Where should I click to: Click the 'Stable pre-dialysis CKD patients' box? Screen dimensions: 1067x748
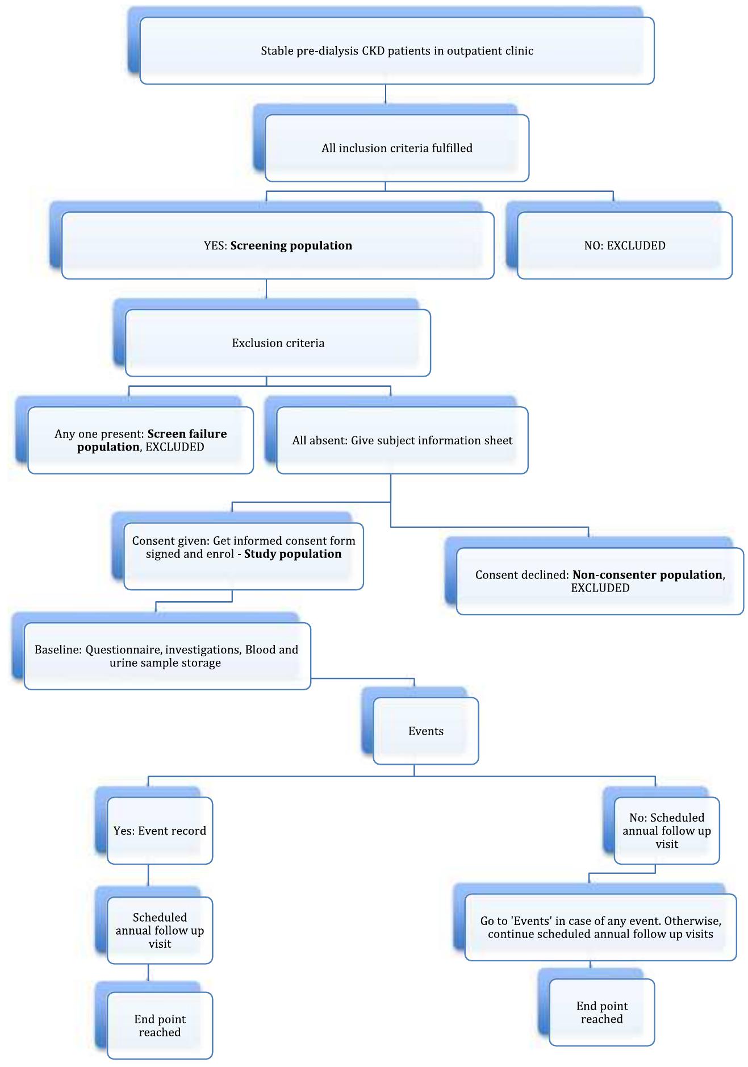pyautogui.click(x=396, y=51)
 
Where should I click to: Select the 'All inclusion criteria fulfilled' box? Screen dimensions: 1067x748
pyautogui.click(x=396, y=148)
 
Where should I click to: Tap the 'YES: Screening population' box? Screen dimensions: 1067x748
pyautogui.click(x=278, y=245)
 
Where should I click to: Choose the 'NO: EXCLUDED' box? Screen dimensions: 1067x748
pyautogui.click(x=625, y=245)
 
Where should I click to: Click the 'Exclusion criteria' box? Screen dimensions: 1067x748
pyautogui.click(x=278, y=343)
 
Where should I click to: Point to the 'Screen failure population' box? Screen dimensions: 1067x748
pyautogui.click(x=140, y=440)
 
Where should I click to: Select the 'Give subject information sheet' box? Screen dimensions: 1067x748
pyautogui.click(x=402, y=440)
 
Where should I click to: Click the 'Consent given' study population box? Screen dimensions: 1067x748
pyautogui.click(x=244, y=556)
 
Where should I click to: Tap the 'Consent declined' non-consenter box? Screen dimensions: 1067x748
pyautogui.click(x=600, y=581)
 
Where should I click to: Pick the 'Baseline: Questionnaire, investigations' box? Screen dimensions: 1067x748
pyautogui.click(x=167, y=656)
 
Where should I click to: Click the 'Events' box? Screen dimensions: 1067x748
pyautogui.click(x=426, y=731)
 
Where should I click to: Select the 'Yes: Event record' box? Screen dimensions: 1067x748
pyautogui.click(x=160, y=831)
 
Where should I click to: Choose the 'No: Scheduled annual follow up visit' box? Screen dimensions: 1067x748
pyautogui.click(x=667, y=831)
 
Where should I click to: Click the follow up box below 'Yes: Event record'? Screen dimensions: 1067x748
pyautogui.click(x=160, y=930)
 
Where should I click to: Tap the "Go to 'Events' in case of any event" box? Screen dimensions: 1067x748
pyautogui.click(x=600, y=927)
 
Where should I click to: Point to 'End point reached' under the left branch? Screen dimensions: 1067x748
pyautogui.click(x=160, y=1026)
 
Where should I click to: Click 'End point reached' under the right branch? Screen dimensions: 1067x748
pyautogui.click(x=602, y=1012)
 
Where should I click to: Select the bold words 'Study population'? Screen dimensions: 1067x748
pyautogui.click(x=292, y=554)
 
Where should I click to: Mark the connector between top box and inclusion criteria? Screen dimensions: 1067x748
pyautogui.click(x=386, y=94)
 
